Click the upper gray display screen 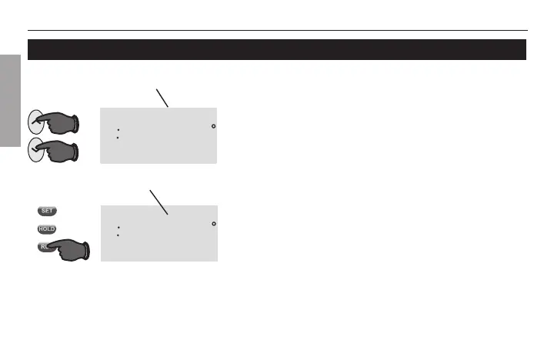coord(158,135)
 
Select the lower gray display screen coord(158,233)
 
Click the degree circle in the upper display coord(213,125)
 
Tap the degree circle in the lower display coord(213,223)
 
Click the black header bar coord(276,49)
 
